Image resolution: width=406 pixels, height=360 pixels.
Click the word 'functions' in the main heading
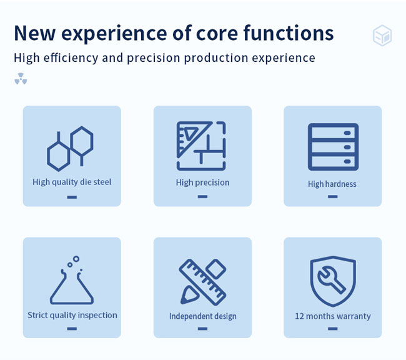click(289, 33)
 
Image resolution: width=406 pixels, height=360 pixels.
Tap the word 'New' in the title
click(35, 33)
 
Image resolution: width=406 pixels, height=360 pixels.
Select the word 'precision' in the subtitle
click(153, 58)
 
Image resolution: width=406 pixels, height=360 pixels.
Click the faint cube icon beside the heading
click(382, 35)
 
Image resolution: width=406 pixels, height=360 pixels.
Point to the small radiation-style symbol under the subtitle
click(21, 79)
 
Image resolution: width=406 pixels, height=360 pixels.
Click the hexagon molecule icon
click(70, 149)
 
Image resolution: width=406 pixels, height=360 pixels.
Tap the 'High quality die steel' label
click(72, 182)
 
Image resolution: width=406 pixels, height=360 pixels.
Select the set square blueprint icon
click(201, 146)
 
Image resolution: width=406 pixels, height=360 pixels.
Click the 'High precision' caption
click(202, 182)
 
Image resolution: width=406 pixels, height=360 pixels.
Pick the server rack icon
click(334, 147)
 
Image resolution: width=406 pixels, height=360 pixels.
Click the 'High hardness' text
click(332, 184)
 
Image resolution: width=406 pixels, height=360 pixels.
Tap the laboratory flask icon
click(72, 280)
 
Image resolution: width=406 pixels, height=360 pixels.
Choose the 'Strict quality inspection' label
click(72, 316)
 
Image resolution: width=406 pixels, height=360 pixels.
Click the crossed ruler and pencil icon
click(202, 282)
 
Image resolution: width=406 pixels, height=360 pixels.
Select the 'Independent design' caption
click(203, 316)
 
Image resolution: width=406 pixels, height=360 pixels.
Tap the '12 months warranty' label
click(333, 316)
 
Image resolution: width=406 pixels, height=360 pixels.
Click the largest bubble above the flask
click(76, 259)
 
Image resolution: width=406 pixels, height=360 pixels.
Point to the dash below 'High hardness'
click(333, 197)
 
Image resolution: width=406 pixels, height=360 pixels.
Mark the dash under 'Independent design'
click(202, 329)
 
